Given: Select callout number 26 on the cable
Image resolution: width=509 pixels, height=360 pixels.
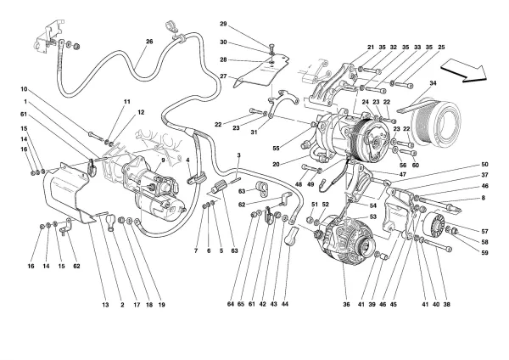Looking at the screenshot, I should (x=149, y=42).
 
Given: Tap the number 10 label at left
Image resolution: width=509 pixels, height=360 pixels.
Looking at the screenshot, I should (x=25, y=88).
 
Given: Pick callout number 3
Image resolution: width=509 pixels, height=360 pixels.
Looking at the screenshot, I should (x=239, y=155).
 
